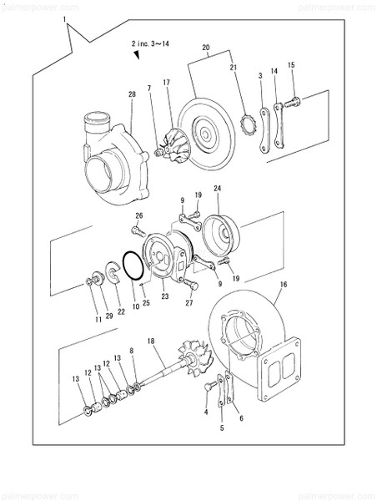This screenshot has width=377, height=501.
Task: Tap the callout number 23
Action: coord(164,296)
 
